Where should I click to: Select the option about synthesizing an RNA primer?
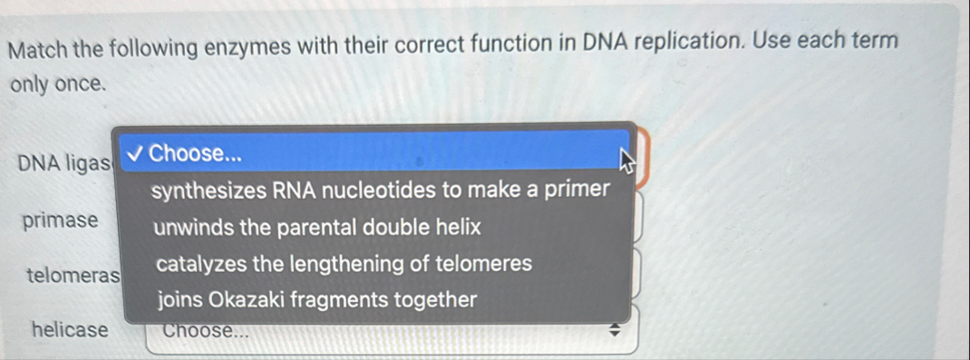click(x=380, y=190)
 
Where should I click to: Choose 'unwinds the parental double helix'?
click(x=317, y=228)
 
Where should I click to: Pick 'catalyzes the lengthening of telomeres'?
click(x=344, y=265)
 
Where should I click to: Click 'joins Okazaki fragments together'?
click(x=316, y=300)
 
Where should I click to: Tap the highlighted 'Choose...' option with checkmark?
click(x=196, y=153)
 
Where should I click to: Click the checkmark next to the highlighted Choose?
click(x=134, y=153)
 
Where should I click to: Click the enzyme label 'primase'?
click(x=61, y=220)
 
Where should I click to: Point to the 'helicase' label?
click(x=69, y=330)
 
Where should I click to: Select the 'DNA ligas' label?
click(x=63, y=164)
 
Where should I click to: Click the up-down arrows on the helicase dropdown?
click(x=613, y=332)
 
